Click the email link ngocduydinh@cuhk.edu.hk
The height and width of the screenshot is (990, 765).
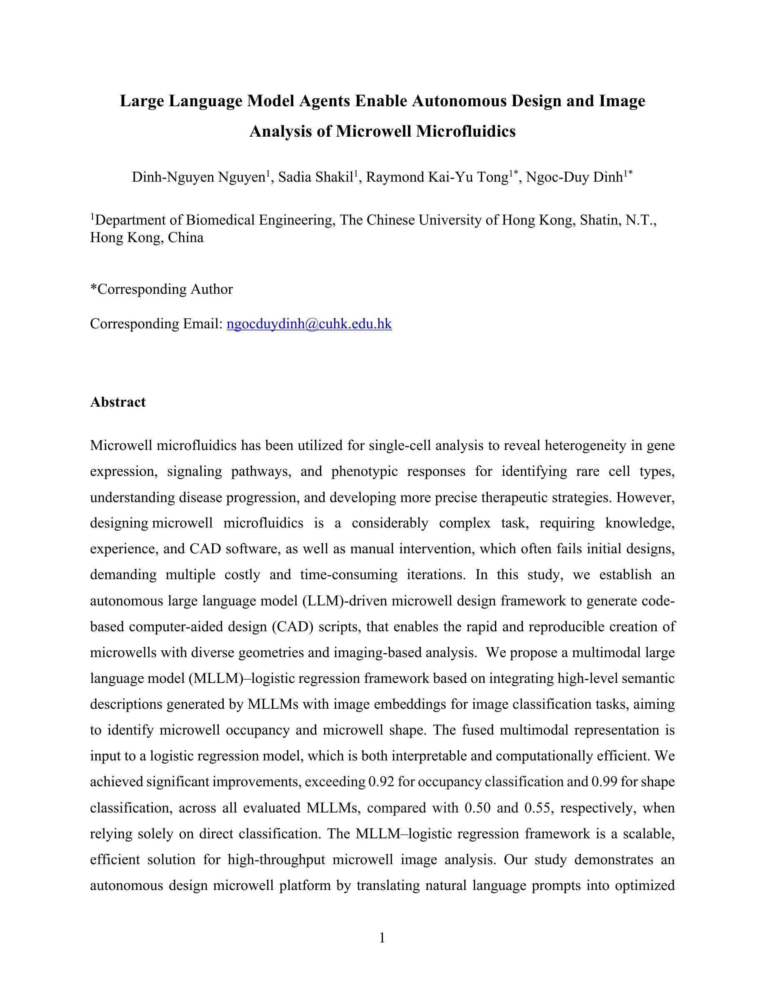tap(309, 324)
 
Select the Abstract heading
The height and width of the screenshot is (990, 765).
tap(118, 402)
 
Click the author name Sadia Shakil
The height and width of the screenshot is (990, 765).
tap(315, 177)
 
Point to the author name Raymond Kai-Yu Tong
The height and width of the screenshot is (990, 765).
tap(437, 177)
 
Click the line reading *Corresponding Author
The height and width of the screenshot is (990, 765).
tap(161, 289)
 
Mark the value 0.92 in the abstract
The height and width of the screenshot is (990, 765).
tap(380, 782)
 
